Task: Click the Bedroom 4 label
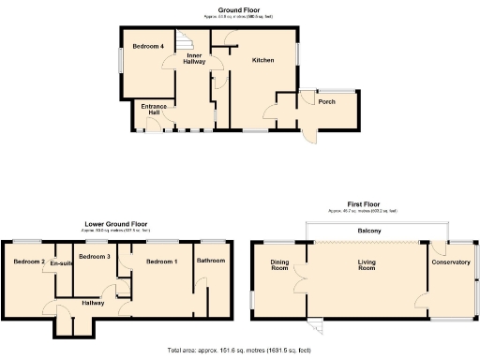pyautogui.click(x=148, y=47)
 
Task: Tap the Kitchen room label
pyautogui.click(x=262, y=60)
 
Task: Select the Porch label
pyautogui.click(x=327, y=101)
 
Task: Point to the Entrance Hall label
pyautogui.click(x=155, y=110)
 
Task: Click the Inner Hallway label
pyautogui.click(x=194, y=59)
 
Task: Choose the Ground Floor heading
pyautogui.click(x=239, y=10)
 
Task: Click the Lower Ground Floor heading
pyautogui.click(x=116, y=224)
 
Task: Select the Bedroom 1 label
pyautogui.click(x=161, y=261)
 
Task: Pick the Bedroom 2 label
pyautogui.click(x=29, y=262)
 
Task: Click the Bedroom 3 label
pyautogui.click(x=95, y=256)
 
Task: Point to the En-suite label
pyautogui.click(x=62, y=263)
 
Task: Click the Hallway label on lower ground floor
pyautogui.click(x=93, y=302)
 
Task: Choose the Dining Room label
pyautogui.click(x=279, y=265)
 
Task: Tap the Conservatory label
pyautogui.click(x=450, y=262)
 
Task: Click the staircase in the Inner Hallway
pyautogui.click(x=187, y=40)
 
